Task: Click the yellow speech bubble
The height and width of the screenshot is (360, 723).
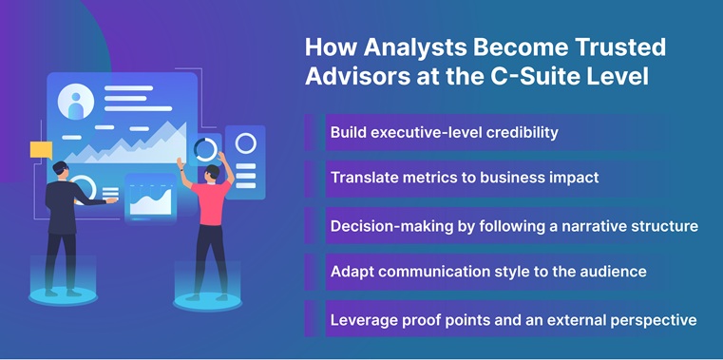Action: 41,149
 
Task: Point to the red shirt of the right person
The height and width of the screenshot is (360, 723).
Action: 210,202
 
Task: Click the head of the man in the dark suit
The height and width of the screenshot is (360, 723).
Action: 61,169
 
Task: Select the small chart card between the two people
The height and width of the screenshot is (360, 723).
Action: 150,199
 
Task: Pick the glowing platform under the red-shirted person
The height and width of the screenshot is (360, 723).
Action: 206,301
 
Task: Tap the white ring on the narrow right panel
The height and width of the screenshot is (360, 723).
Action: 245,143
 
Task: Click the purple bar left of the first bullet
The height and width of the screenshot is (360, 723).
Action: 310,132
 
